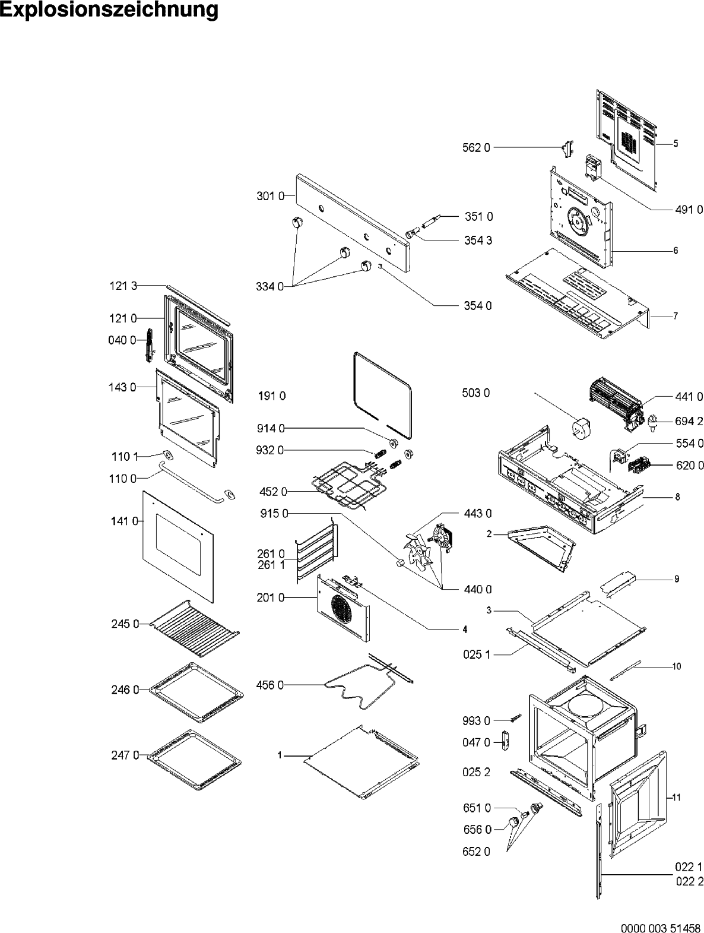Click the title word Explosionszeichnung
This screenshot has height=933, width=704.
[109, 11]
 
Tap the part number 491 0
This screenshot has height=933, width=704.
[689, 209]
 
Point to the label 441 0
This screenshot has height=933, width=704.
[689, 397]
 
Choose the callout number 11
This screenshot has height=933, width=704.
[676, 798]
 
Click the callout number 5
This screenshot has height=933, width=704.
[676, 144]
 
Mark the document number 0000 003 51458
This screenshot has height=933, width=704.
[659, 927]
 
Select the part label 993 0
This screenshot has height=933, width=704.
[476, 721]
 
